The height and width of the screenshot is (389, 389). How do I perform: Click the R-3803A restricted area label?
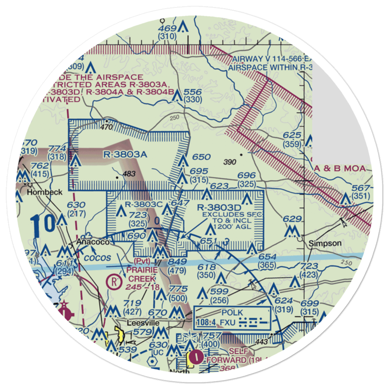[125, 155]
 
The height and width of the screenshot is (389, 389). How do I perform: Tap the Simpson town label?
[325, 243]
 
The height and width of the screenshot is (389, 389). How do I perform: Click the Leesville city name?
[143, 323]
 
